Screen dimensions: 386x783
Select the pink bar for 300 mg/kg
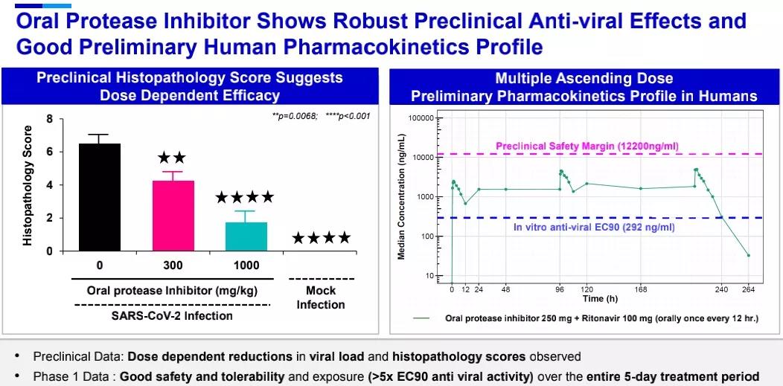[173, 216]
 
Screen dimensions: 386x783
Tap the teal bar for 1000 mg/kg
[246, 236]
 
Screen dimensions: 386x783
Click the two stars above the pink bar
[172, 158]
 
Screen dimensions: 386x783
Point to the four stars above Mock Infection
[321, 239]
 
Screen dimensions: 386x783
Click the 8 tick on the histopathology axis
[50, 119]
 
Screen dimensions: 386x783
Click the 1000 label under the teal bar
[246, 266]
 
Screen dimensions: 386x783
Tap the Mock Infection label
[321, 297]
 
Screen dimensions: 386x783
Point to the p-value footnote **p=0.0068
[295, 116]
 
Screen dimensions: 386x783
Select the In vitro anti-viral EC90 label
[595, 227]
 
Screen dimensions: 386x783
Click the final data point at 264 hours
[748, 255]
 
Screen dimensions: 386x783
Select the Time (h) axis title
[599, 298]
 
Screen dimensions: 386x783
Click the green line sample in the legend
[424, 318]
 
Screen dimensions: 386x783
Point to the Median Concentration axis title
[401, 197]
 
